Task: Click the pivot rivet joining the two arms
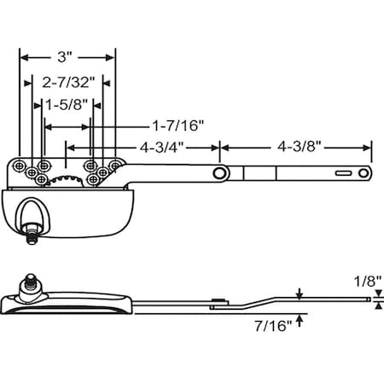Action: [220, 173]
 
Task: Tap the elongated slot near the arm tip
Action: [346, 173]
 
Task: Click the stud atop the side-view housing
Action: [32, 279]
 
